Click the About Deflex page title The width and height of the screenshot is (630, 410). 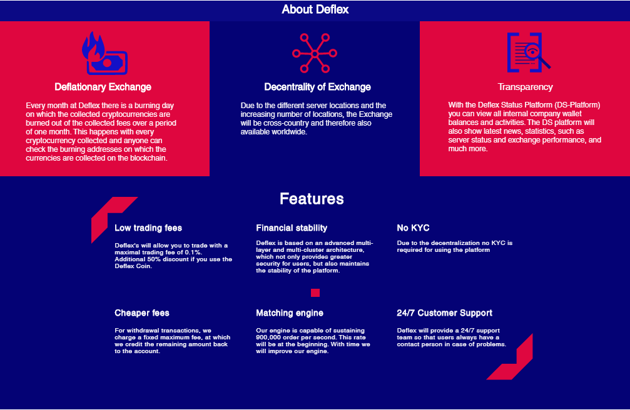[x=315, y=9]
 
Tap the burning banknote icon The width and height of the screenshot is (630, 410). [x=104, y=53]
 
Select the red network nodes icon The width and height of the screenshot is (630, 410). [x=315, y=53]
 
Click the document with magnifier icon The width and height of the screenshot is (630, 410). [x=529, y=52]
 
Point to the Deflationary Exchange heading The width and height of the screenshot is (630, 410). [x=103, y=87]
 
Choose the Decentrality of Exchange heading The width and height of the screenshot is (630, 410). [x=317, y=87]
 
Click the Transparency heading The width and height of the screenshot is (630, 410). [x=525, y=87]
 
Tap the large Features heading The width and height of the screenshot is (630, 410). [x=312, y=199]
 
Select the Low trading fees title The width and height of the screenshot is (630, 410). [x=148, y=228]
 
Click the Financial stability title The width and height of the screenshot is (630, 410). [x=292, y=228]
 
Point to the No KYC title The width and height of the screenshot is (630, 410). [x=413, y=228]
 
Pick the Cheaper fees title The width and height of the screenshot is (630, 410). [x=142, y=313]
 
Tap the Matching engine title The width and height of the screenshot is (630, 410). [x=290, y=313]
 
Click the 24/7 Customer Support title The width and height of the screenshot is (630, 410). [x=444, y=313]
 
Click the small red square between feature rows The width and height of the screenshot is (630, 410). [x=315, y=292]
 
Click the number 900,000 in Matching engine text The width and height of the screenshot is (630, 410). [x=268, y=337]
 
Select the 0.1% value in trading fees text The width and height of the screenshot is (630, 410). [x=193, y=252]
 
